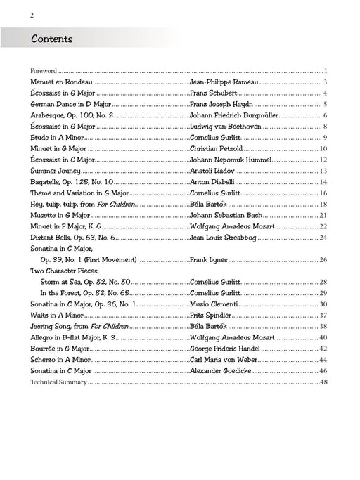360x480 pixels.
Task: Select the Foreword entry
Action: (43, 71)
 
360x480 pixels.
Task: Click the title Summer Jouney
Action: (56, 170)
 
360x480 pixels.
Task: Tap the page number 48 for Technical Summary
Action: (324, 382)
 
